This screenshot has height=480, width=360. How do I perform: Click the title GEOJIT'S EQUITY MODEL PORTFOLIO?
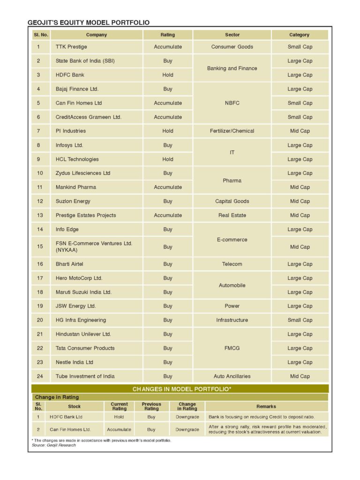[89, 22]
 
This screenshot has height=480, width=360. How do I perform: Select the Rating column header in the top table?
[167, 35]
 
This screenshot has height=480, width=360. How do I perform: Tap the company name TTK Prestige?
[71, 47]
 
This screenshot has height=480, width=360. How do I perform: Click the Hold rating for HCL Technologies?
[167, 159]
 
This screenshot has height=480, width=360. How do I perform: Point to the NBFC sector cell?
[232, 103]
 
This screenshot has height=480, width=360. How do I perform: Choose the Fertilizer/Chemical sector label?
[232, 131]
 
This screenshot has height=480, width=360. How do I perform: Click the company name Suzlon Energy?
[73, 202]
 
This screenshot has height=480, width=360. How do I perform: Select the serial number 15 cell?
[40, 247]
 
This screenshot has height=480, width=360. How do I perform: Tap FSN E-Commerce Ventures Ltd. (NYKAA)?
[94, 247]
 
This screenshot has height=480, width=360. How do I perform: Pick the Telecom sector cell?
[232, 264]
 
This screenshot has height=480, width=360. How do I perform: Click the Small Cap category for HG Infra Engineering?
[300, 321]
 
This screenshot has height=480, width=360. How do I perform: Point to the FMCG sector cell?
[232, 348]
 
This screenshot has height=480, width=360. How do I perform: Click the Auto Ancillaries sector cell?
[232, 376]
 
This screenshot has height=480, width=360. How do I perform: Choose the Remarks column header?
[266, 406]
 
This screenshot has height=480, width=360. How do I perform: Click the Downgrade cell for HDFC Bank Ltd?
[187, 417]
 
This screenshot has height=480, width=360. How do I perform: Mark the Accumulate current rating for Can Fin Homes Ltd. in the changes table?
[119, 429]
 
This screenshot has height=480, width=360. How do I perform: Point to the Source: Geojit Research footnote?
[51, 445]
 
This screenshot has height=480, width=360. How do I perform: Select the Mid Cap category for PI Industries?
[300, 131]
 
